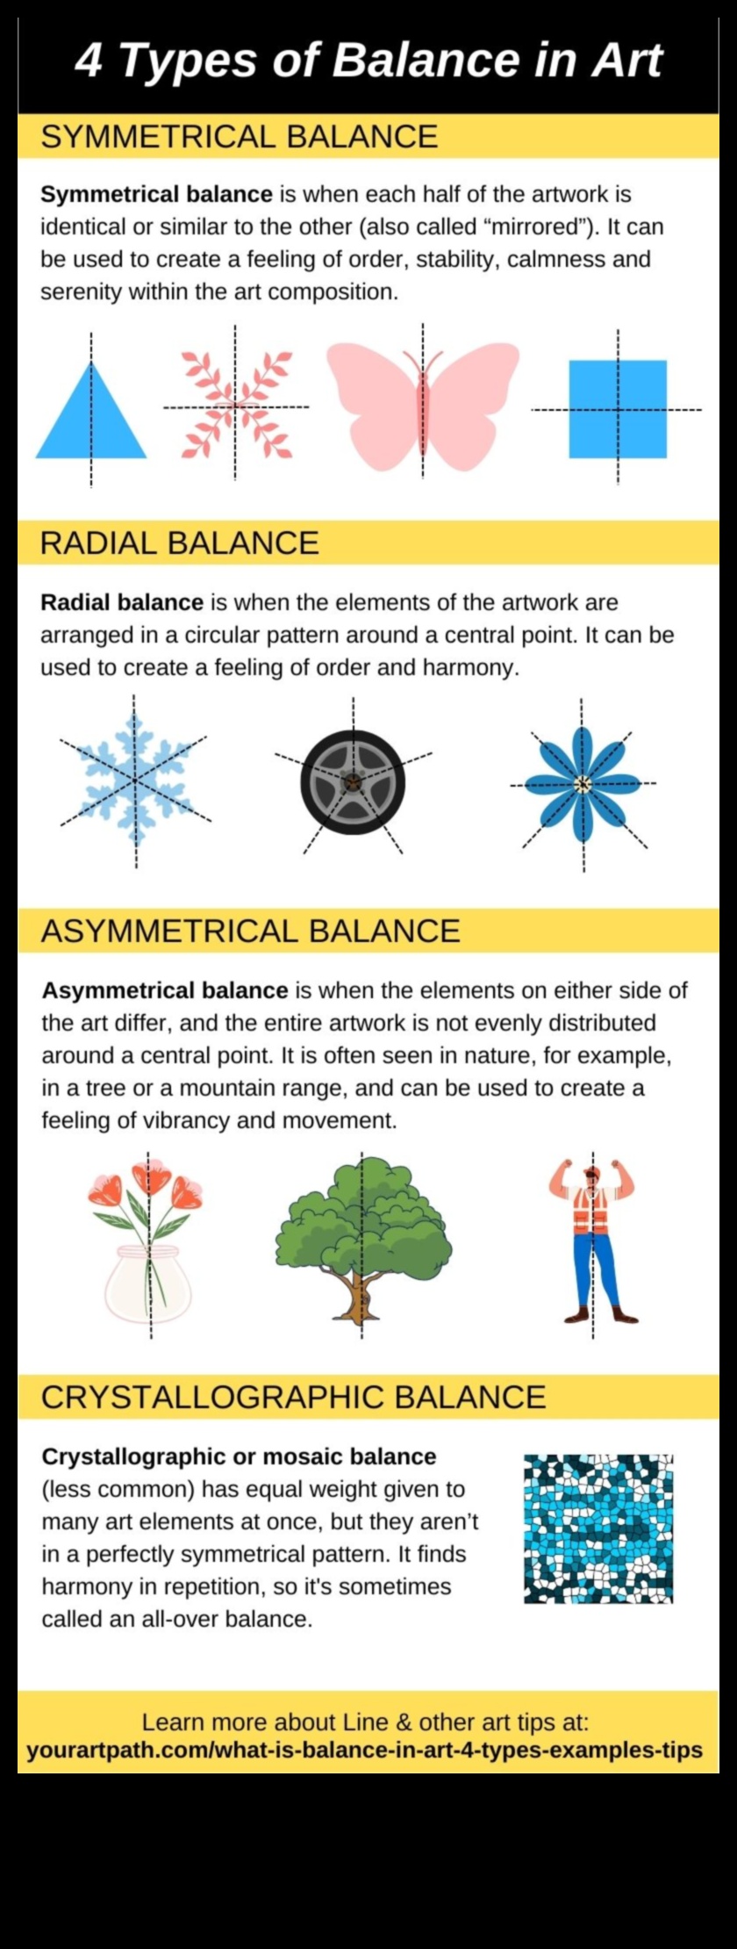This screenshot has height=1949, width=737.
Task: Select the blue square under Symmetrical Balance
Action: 618,409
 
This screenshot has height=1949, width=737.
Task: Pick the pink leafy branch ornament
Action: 236,405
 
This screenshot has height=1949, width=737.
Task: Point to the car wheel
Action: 353,781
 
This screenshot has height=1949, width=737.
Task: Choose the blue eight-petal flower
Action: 582,784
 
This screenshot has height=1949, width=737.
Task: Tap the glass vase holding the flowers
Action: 147,1284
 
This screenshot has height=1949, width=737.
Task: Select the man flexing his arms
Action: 593,1240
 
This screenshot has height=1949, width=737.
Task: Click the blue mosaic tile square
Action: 598,1528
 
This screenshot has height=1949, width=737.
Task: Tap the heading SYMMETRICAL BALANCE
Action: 240,137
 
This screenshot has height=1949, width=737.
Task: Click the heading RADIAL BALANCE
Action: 180,543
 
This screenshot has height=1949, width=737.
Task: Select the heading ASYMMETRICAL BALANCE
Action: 251,931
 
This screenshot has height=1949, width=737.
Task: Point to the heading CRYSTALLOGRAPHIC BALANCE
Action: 294,1397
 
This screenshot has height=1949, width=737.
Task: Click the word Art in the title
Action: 626,61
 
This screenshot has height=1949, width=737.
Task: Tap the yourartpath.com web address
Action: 365,1750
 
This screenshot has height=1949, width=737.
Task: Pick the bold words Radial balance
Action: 122,602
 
